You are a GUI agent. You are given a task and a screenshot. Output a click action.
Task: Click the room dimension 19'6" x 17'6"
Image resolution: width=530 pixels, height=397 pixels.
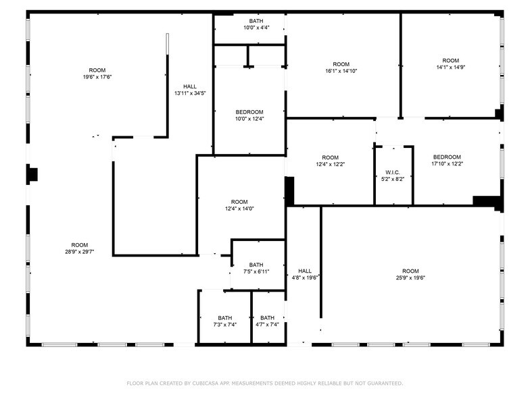(97, 77)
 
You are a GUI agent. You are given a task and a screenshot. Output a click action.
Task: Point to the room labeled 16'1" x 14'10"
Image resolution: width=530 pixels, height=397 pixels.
(341, 68)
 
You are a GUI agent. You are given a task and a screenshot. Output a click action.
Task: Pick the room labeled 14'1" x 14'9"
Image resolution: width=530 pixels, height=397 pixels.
(451, 64)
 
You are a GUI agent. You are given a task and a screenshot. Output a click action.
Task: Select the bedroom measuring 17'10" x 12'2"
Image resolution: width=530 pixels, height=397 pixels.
(447, 161)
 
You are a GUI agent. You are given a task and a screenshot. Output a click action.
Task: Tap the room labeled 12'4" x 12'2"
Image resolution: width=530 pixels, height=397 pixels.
(330, 161)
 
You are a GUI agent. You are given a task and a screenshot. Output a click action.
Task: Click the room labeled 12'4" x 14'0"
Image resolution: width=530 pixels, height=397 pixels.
(239, 205)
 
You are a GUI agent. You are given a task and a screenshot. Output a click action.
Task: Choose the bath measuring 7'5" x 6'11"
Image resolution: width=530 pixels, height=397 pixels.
(256, 268)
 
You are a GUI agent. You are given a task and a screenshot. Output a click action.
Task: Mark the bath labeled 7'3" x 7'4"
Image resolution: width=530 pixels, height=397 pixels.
(225, 321)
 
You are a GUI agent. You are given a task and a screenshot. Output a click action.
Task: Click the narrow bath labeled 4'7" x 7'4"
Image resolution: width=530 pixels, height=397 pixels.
(268, 321)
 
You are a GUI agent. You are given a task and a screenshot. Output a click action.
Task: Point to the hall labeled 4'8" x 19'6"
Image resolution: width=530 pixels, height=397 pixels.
(305, 273)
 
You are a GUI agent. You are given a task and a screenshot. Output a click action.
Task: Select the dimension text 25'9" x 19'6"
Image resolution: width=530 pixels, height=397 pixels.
(410, 277)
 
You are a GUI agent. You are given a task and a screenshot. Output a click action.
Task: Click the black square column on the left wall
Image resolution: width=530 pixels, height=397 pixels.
(32, 174)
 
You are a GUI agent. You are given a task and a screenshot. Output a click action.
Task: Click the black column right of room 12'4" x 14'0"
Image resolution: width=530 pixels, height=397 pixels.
(289, 191)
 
